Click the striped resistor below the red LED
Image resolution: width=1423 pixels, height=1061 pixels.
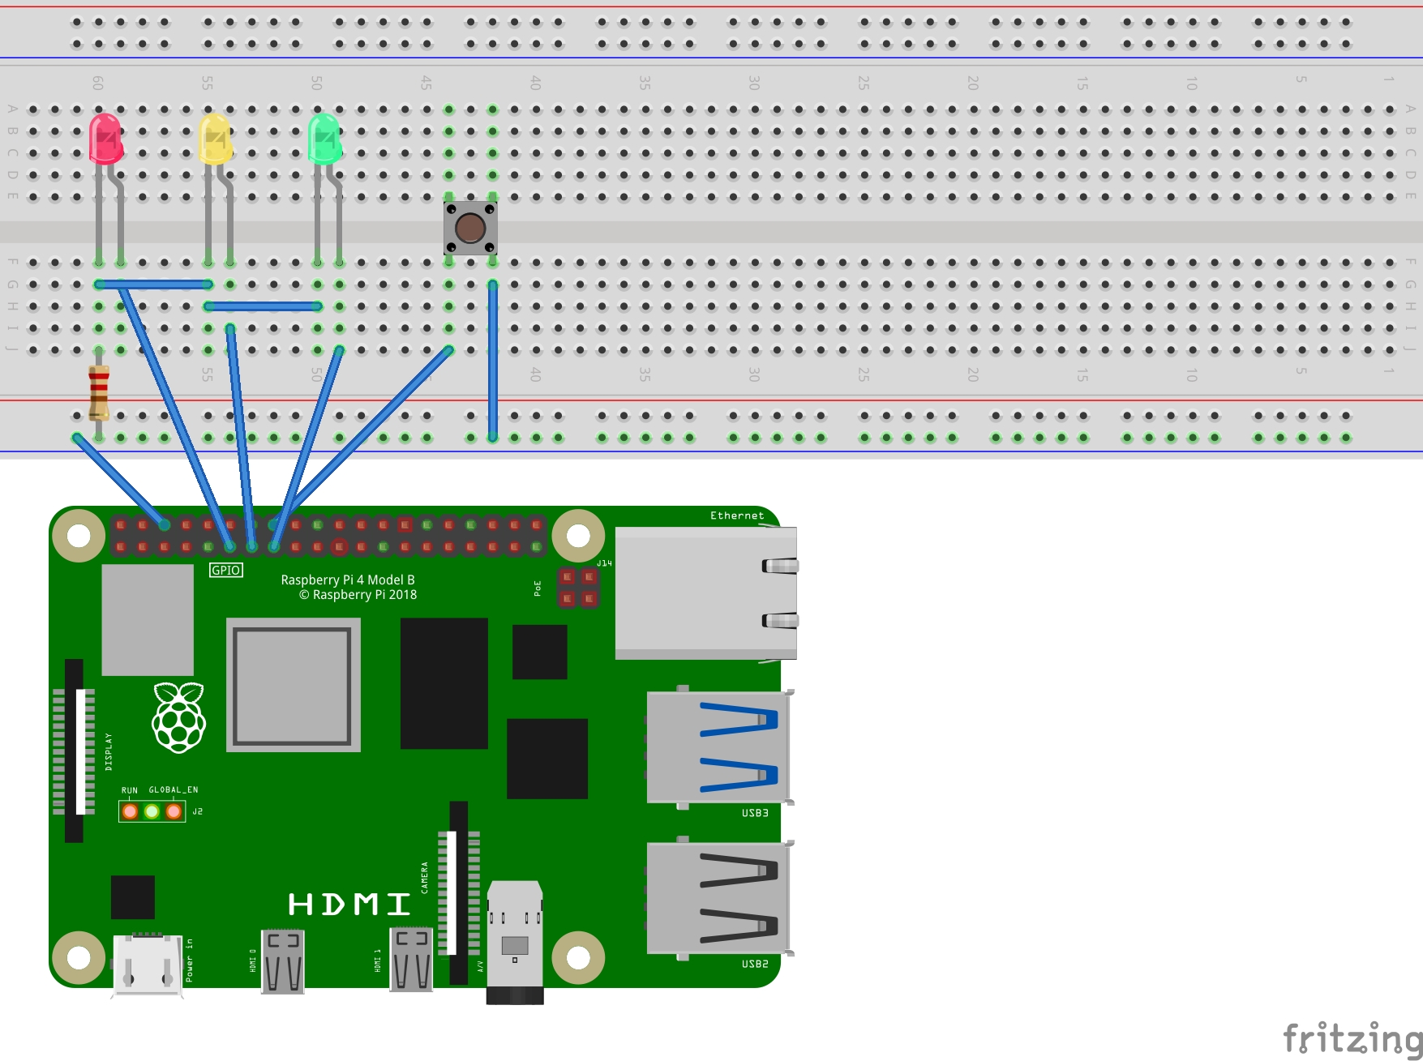[99, 392]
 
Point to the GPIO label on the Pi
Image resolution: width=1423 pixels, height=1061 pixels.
[225, 571]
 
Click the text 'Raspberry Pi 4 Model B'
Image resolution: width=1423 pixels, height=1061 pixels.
[348, 580]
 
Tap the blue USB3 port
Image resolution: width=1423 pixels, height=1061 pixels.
[718, 747]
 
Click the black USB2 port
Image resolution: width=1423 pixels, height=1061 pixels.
[718, 898]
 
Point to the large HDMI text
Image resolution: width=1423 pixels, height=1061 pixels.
[349, 905]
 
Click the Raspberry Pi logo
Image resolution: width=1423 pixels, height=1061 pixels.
[179, 717]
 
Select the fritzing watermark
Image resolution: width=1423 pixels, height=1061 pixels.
[1352, 1038]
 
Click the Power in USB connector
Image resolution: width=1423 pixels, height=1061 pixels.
[147, 965]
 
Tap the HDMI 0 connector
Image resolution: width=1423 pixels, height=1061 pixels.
[282, 961]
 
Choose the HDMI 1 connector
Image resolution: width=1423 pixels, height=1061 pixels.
[411, 960]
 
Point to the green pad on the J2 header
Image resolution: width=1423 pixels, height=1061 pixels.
[152, 811]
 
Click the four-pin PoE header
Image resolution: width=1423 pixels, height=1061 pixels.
[578, 588]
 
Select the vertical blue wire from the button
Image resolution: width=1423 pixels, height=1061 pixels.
[493, 361]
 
